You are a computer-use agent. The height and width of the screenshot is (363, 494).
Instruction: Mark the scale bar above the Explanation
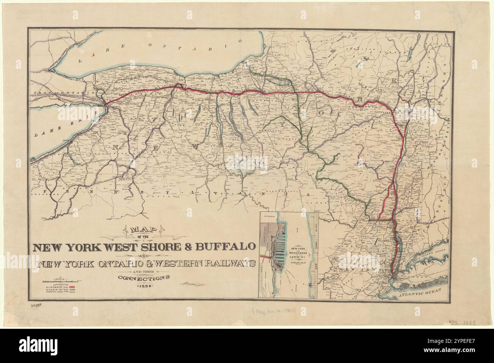(63, 281)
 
